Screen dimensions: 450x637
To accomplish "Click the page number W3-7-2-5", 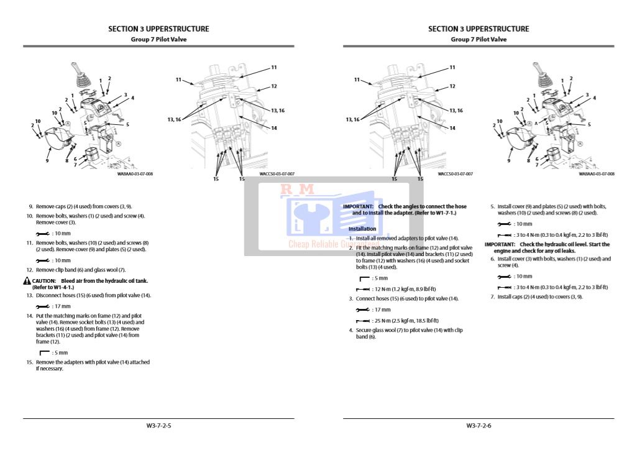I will pyautogui.click(x=158, y=426).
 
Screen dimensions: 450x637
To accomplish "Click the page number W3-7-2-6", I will pyautogui.click(x=479, y=426).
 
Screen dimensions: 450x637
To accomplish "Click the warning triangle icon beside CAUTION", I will pyautogui.click(x=27, y=281).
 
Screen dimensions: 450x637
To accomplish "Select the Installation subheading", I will pyautogui.click(x=362, y=229).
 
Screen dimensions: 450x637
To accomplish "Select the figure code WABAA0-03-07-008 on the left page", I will pyautogui.click(x=135, y=174).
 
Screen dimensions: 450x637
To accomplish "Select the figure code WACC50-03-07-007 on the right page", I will pyautogui.click(x=455, y=174).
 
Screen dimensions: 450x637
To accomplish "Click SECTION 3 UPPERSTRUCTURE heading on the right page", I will pyautogui.click(x=479, y=29).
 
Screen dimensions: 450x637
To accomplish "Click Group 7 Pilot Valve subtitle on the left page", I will pyautogui.click(x=158, y=39).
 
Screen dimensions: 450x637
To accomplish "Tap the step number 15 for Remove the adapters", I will pyautogui.click(x=29, y=362).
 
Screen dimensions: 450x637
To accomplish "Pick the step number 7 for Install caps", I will pyautogui.click(x=492, y=296).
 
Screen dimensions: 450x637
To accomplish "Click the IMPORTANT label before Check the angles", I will pyautogui.click(x=358, y=206).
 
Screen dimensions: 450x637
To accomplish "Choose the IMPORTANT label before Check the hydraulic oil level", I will pyautogui.click(x=500, y=244).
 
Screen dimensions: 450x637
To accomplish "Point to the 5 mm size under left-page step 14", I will pyautogui.click(x=60, y=352).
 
